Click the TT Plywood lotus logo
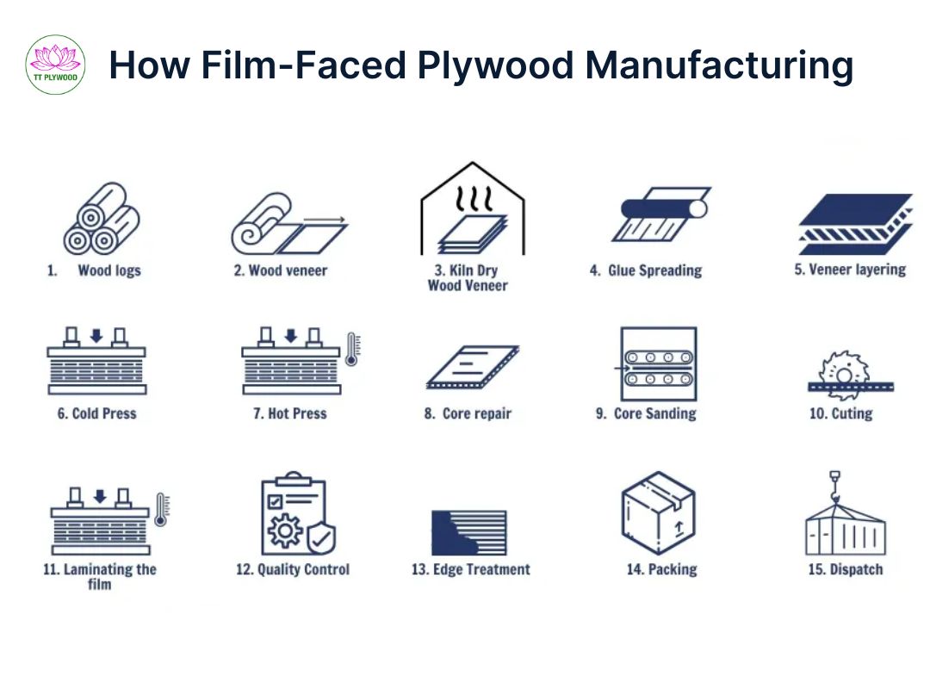click(x=55, y=65)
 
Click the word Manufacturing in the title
click(x=719, y=65)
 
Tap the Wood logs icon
click(x=102, y=219)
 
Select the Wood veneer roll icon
click(x=288, y=224)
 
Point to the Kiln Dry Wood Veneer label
click(x=468, y=277)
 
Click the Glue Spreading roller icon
click(x=661, y=214)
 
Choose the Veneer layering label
click(x=850, y=270)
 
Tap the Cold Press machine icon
click(x=96, y=361)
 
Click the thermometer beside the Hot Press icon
click(x=352, y=349)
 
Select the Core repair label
click(x=468, y=413)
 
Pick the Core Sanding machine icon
click(x=658, y=363)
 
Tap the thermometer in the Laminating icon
click(x=161, y=510)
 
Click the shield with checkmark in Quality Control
click(x=321, y=538)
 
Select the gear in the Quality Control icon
click(x=285, y=531)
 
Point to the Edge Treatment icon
click(x=469, y=532)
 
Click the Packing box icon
click(x=658, y=513)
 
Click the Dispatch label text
click(x=846, y=569)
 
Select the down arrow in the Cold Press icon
click(x=96, y=336)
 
